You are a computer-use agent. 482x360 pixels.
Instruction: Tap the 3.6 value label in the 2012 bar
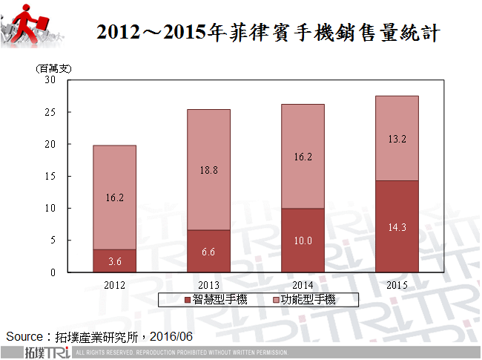114,261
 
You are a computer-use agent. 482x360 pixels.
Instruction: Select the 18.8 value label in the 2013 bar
208,171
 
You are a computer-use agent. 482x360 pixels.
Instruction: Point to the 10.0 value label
303,240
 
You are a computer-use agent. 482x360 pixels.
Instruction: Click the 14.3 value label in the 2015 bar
397,227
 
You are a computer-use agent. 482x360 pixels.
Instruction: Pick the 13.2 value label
397,139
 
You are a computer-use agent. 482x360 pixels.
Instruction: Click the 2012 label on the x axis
114,284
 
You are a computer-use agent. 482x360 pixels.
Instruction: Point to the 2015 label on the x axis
397,284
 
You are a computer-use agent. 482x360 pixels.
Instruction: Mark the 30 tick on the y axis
50,80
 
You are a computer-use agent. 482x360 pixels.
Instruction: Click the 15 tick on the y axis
50,177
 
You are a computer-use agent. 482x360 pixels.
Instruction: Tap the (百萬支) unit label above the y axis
53,68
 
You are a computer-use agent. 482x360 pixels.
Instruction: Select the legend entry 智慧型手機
216,300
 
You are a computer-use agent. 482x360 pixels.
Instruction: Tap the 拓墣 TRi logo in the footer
46,352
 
